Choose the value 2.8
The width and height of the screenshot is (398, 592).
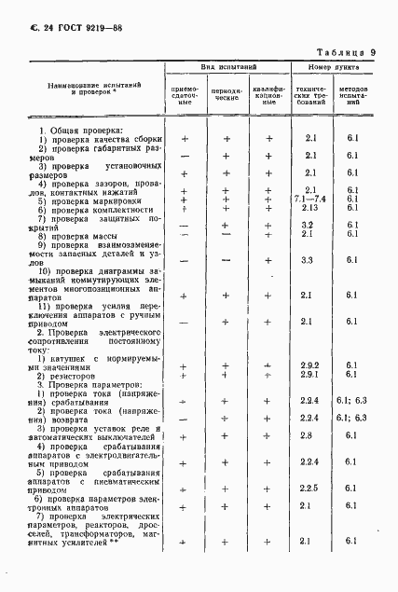point(312,435)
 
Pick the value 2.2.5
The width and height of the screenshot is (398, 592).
point(312,489)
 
